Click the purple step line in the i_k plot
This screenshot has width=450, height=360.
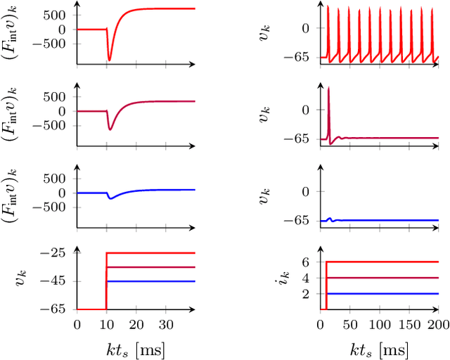(380, 278)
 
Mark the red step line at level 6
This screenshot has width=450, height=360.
(380, 262)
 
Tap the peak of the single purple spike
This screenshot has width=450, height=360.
(329, 88)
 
